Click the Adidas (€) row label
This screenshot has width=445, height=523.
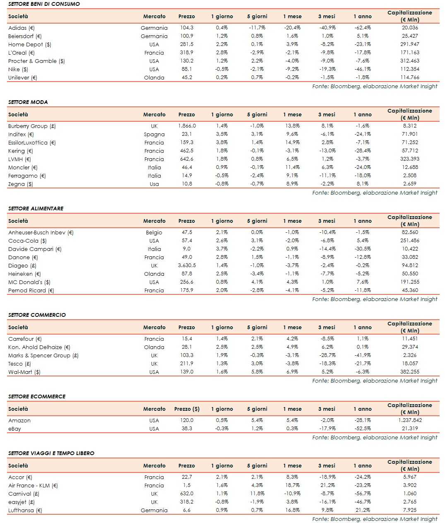tap(22, 28)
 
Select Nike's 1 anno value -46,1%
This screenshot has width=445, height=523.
tap(362, 69)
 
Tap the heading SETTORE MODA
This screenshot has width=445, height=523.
tap(28, 102)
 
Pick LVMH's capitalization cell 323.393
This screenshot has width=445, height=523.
tap(409, 159)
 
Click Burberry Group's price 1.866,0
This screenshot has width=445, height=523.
tap(187, 126)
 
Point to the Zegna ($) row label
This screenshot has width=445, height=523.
tap(21, 184)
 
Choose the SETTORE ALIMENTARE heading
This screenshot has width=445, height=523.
tap(36, 208)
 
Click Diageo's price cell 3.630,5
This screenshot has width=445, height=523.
tap(187, 265)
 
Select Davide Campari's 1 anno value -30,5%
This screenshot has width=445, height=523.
tap(362, 249)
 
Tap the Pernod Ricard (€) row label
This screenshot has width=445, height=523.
tap(31, 290)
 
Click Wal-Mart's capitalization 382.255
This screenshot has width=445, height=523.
tap(409, 372)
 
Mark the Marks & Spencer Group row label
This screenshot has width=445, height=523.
tap(43, 355)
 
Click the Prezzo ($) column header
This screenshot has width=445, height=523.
tap(187, 409)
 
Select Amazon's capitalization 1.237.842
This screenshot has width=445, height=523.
tap(409, 420)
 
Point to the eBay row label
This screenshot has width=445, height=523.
tap(14, 429)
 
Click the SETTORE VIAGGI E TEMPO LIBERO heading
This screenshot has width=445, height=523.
tap(51, 453)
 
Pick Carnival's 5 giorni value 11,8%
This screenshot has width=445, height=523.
tap(257, 494)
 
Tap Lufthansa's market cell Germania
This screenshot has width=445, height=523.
tap(154, 510)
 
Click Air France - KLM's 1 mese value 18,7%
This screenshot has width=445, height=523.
tap(292, 485)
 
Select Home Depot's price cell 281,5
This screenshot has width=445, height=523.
tap(187, 44)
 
